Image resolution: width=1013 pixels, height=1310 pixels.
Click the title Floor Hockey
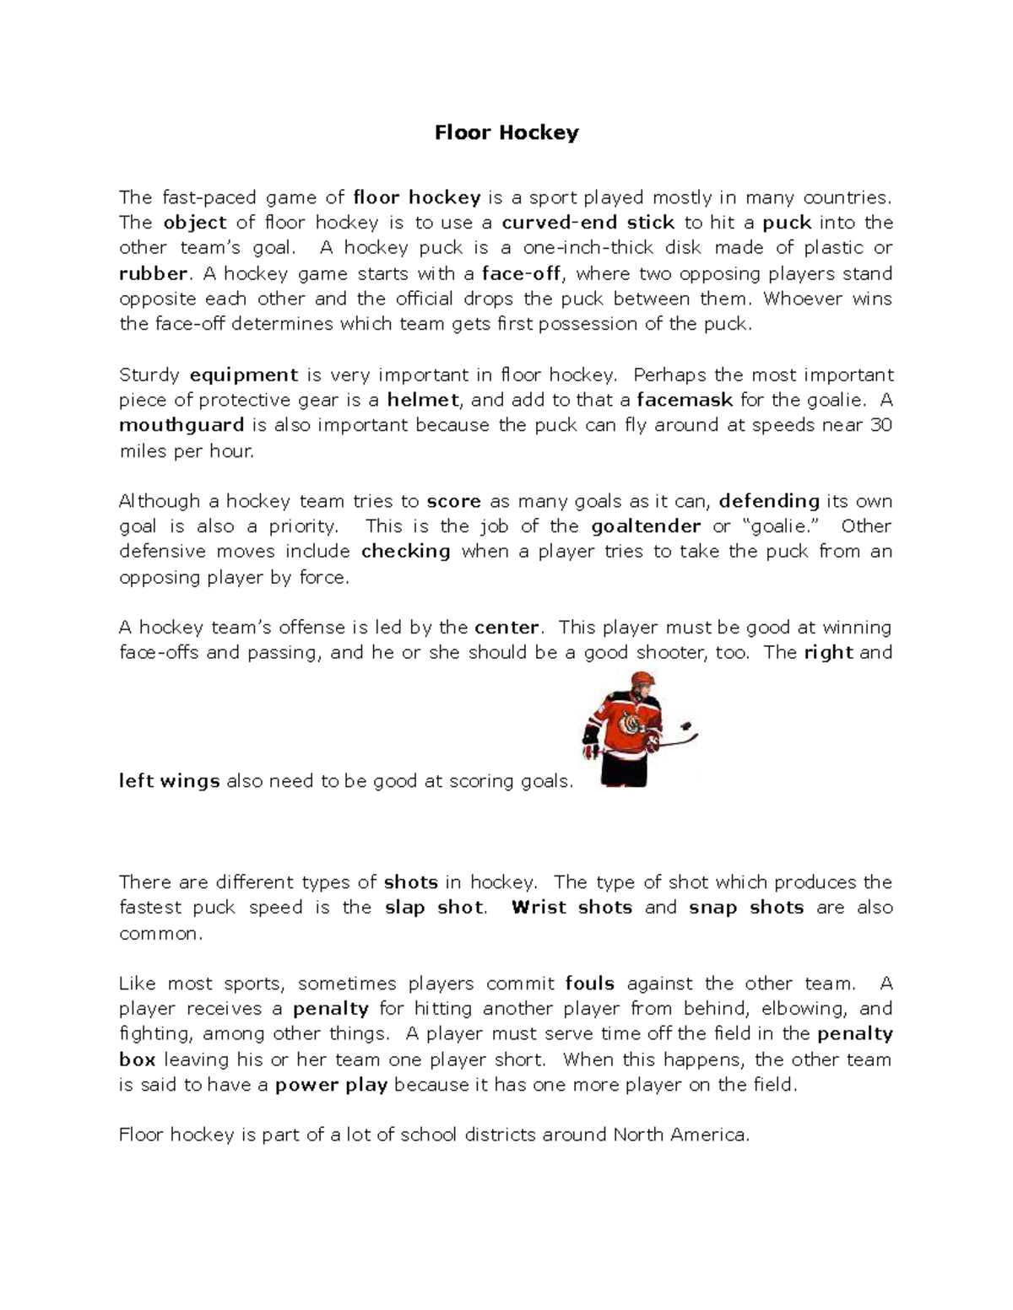coord(506,132)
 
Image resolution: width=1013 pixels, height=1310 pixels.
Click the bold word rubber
coord(153,273)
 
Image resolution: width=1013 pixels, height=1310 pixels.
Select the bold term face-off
coord(521,273)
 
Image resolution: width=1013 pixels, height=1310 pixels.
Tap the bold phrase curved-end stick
coord(588,223)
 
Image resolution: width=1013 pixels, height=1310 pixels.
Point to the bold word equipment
coord(244,375)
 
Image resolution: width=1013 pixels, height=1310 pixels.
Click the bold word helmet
coord(423,400)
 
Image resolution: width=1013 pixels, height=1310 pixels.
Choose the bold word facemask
coord(685,400)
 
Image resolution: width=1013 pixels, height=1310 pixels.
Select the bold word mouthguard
coord(181,425)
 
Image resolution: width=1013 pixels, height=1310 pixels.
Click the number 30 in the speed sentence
coord(880,425)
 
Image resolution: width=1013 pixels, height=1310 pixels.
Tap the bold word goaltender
coord(646,526)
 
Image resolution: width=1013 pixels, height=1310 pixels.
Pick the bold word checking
coord(406,552)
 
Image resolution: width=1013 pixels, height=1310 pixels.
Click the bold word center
coord(506,628)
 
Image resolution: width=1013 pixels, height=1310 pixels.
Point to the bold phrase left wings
coord(170,781)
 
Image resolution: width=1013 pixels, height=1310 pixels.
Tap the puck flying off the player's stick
coord(686,725)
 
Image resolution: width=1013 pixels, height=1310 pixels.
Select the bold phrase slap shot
coord(435,908)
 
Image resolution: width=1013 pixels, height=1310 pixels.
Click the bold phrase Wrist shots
coord(572,908)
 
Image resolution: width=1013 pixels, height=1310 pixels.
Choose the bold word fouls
coord(589,984)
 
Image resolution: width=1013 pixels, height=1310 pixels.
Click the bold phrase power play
coord(331,1085)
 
